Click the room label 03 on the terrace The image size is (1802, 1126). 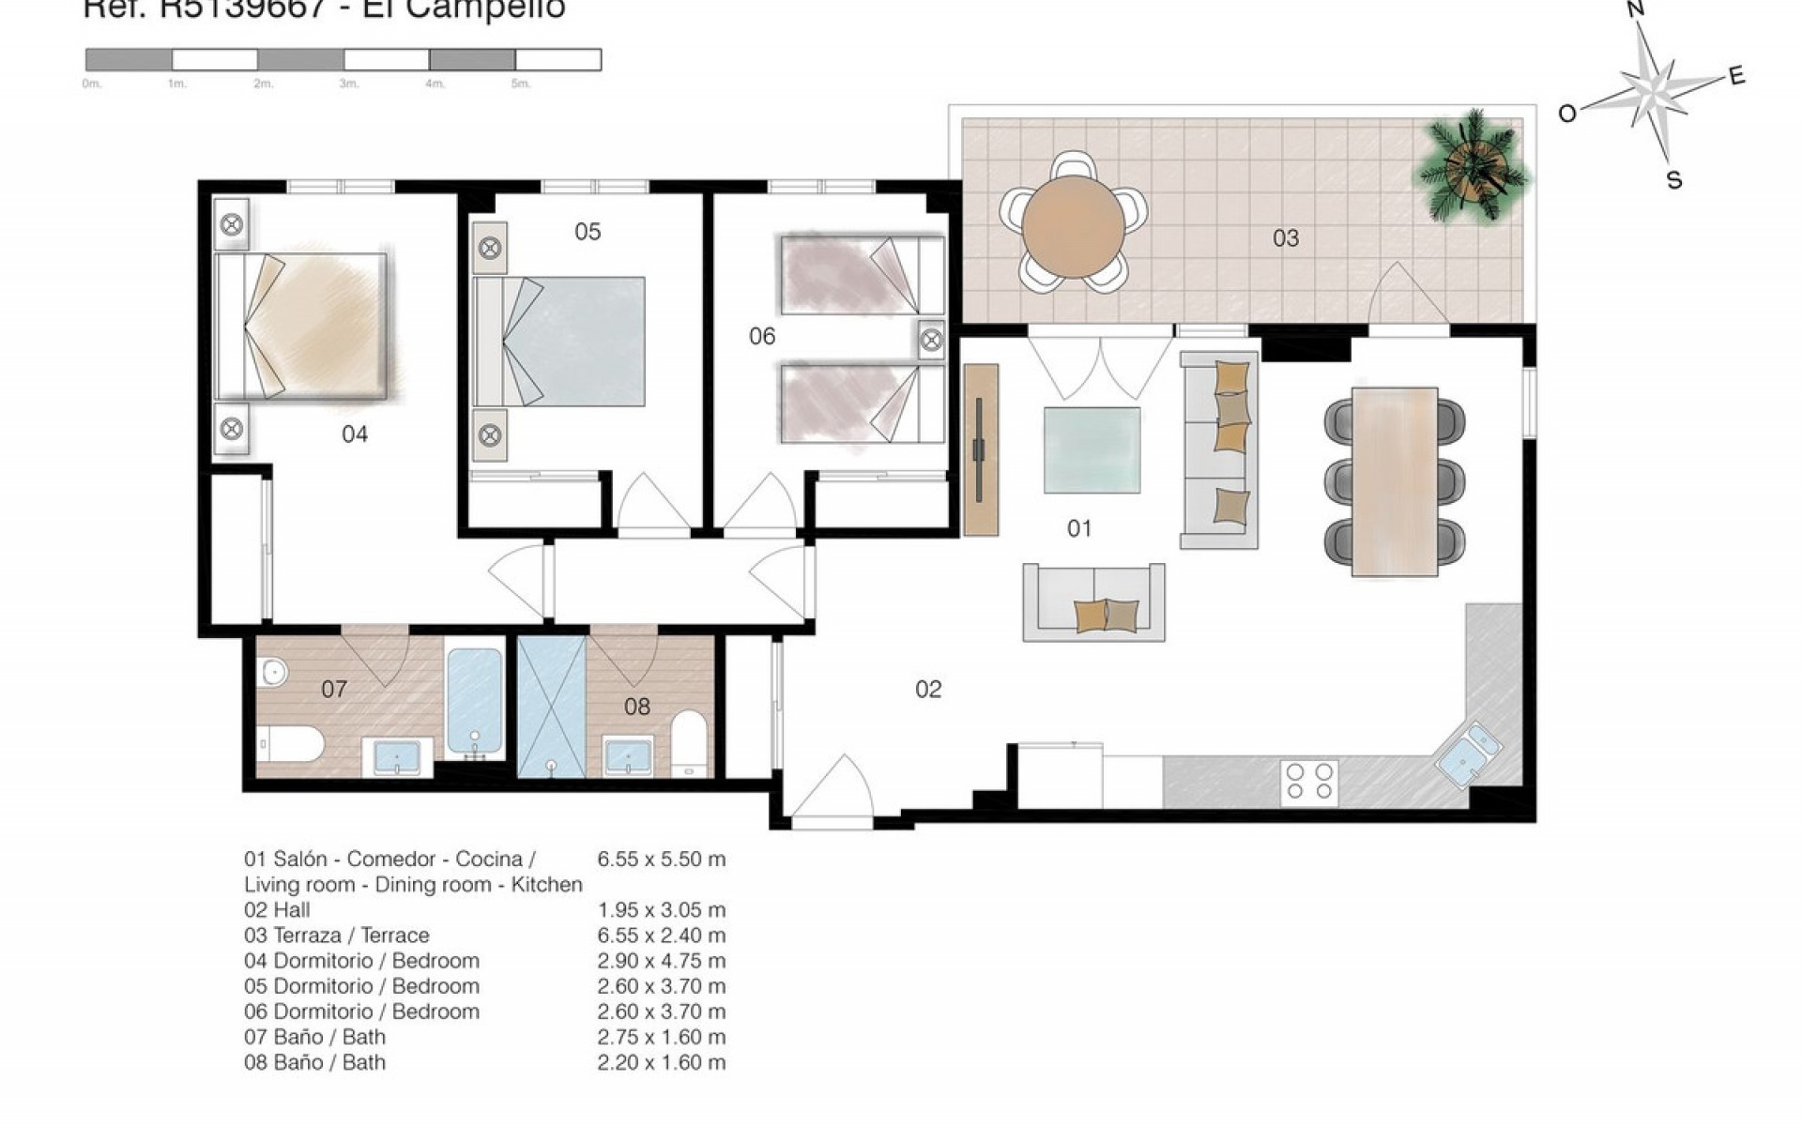1285,238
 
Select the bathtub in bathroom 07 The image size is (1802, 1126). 475,702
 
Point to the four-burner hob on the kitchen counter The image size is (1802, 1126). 1309,781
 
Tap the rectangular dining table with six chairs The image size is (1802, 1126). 1394,481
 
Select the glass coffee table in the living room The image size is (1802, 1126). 1092,449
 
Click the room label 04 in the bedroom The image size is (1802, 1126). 354,434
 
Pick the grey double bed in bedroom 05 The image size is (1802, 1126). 560,341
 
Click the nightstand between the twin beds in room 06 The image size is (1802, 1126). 931,340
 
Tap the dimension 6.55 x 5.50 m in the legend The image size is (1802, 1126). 661,859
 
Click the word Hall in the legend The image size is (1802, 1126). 291,909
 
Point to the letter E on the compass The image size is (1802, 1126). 1736,76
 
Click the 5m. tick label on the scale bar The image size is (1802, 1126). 521,84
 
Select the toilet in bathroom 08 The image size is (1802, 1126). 690,746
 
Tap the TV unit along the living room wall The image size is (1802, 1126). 981,449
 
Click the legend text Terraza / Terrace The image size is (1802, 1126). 350,935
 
